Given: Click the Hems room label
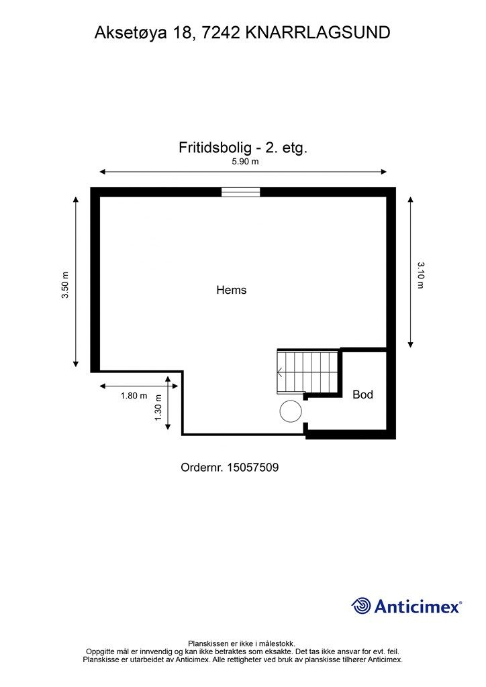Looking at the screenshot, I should (x=232, y=290).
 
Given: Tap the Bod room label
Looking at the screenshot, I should (x=362, y=394).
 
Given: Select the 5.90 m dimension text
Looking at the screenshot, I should (x=245, y=162).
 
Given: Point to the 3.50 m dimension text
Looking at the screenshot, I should (x=66, y=285).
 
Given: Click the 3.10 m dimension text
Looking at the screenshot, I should (x=421, y=275).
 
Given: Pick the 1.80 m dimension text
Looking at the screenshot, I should (x=134, y=396).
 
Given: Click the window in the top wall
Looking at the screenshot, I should (x=240, y=193).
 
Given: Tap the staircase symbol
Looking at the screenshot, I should (x=308, y=371).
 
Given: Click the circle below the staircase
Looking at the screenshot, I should (x=291, y=411).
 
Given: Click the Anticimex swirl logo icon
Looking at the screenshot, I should (x=361, y=606).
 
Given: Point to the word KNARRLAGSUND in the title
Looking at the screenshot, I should (x=318, y=32).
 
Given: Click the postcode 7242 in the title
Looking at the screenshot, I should (x=220, y=32).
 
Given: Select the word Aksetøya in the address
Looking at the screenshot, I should (x=134, y=32).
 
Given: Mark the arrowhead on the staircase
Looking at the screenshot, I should (x=279, y=372).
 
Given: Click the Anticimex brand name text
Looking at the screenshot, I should (x=417, y=606).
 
